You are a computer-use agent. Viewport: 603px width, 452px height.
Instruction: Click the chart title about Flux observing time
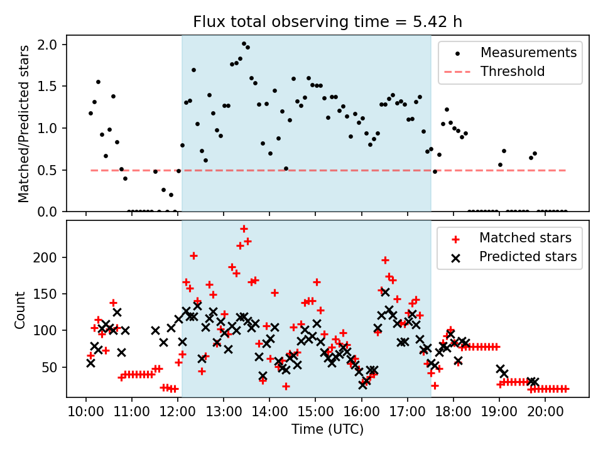[327, 22]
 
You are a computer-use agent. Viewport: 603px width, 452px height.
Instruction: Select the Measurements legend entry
[528, 53]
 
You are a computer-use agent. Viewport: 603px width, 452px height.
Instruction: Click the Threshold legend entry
[513, 72]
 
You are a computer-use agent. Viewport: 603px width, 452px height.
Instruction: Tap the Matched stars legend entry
[525, 238]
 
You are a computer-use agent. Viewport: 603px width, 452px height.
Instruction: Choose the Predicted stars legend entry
[528, 257]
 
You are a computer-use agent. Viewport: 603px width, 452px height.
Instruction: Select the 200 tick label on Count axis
[50, 257]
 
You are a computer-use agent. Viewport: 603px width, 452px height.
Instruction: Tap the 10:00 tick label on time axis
[86, 414]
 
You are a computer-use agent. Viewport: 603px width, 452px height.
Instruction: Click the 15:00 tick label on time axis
[315, 414]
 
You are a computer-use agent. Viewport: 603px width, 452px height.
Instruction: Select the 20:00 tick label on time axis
[545, 414]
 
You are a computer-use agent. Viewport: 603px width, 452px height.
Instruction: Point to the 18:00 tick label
[454, 414]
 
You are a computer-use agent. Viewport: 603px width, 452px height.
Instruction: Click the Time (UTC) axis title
[327, 430]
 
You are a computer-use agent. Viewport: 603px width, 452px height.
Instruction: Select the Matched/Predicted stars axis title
[24, 124]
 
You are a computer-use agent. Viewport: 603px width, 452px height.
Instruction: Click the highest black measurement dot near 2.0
[244, 44]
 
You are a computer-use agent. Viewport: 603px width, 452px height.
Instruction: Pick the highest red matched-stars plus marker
[244, 229]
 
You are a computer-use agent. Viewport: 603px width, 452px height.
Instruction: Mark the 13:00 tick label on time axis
[224, 414]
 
